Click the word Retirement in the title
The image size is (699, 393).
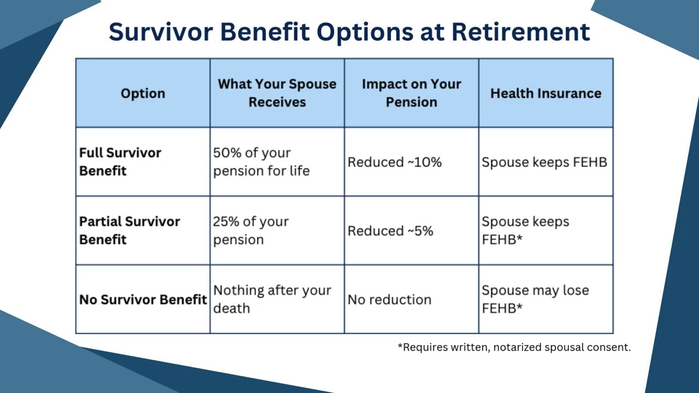[520, 32]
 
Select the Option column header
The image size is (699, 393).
[143, 93]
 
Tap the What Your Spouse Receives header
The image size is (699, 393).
[277, 93]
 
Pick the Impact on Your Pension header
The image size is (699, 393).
[411, 93]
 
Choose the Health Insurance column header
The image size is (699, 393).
[546, 93]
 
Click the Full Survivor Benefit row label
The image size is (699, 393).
[120, 162]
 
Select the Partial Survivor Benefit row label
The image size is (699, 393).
[129, 230]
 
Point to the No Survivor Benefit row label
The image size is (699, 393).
[143, 300]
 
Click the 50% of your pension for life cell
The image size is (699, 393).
[261, 162]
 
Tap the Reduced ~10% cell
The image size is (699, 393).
[394, 162]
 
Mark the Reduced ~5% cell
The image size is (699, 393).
[390, 231]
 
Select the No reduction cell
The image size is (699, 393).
[389, 300]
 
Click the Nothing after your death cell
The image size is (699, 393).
[272, 299]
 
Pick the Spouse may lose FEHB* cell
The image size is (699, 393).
[535, 299]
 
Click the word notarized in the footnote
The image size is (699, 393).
[516, 347]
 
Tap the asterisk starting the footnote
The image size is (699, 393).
[400, 346]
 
